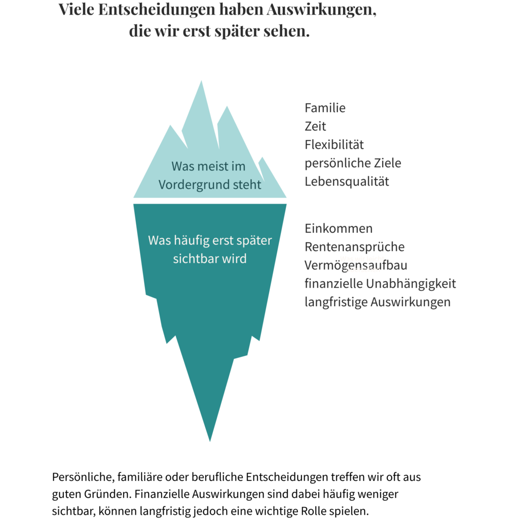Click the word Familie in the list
click(x=325, y=108)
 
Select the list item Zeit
click(x=315, y=126)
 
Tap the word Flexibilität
click(x=334, y=144)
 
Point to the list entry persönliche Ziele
click(x=353, y=163)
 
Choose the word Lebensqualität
click(x=347, y=182)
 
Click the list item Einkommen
click(x=339, y=229)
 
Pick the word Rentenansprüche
click(x=354, y=247)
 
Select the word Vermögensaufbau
click(x=356, y=266)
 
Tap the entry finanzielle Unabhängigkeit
click(x=380, y=284)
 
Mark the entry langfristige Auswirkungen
click(x=377, y=302)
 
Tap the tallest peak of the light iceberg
click(x=201, y=81)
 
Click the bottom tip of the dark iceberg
click(x=210, y=441)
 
